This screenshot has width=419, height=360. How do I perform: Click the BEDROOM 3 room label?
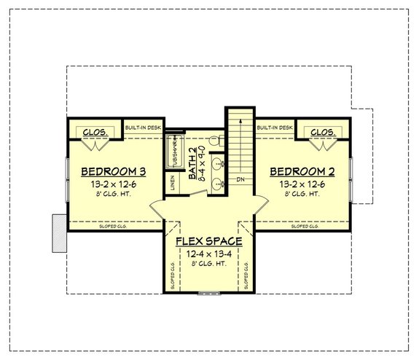pos(113,172)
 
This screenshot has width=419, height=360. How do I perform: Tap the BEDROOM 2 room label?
pos(302,172)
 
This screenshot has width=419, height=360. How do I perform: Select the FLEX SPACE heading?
pos(208,240)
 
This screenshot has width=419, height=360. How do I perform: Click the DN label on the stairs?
pos(240,179)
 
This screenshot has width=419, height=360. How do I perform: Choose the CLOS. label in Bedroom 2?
pos(323,132)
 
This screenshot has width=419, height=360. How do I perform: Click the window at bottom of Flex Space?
pos(208,294)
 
